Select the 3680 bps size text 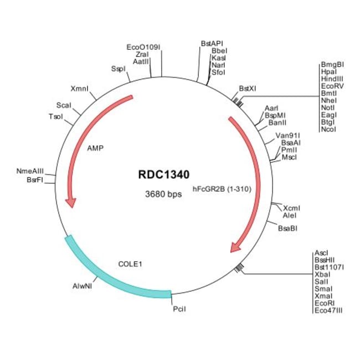(163, 194)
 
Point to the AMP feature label (95, 148)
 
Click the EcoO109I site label (143, 47)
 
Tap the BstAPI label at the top (212, 43)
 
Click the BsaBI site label (287, 228)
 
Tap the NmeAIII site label (30, 172)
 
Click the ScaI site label (63, 105)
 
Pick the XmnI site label (80, 89)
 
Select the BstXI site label (248, 89)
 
